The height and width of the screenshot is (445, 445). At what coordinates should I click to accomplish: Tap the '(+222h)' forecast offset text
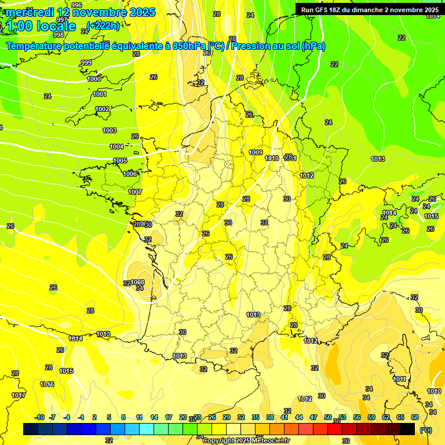[x=103, y=25]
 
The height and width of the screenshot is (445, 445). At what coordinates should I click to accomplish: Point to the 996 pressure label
[x=76, y=5]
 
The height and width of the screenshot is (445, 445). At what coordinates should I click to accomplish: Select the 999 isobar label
[x=86, y=63]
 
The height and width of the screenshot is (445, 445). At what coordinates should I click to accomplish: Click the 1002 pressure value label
[x=103, y=109]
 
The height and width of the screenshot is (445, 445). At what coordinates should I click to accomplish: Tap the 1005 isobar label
[x=120, y=161]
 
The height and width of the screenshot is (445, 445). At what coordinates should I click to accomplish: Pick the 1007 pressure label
[x=135, y=192]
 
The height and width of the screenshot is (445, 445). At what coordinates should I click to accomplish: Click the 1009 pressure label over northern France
[x=256, y=152]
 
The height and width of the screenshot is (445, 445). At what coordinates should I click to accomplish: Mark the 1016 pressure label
[x=48, y=384]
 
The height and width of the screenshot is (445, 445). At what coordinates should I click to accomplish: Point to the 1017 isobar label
[x=19, y=395]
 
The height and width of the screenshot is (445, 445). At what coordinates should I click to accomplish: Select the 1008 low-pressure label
[x=138, y=283]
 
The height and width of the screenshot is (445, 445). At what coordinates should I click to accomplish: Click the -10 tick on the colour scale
[x=39, y=417]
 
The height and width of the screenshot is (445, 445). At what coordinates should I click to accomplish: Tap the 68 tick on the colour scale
[x=415, y=417]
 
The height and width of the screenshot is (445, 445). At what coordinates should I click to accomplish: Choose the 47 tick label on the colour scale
[x=313, y=417]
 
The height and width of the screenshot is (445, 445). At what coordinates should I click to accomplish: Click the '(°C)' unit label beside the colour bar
[x=426, y=429]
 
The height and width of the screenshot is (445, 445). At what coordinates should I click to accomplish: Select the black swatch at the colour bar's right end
[x=407, y=429]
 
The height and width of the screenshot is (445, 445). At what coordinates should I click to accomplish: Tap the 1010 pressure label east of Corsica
[x=434, y=391]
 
